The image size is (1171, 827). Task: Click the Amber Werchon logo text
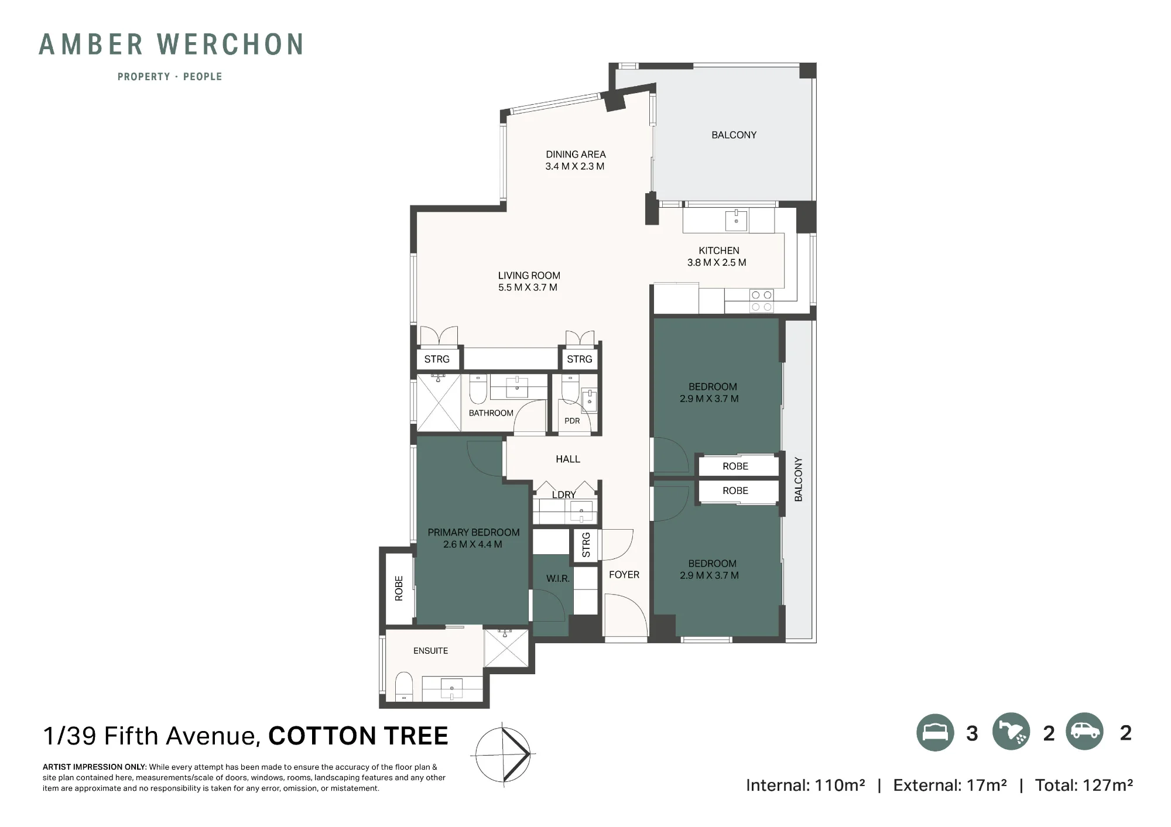coord(171,44)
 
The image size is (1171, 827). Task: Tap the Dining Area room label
coord(576,155)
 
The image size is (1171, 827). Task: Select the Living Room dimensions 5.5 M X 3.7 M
coord(528,287)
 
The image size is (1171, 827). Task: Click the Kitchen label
coord(718,250)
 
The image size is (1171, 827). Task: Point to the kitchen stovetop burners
coord(761,301)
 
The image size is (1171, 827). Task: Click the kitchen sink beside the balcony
coord(736,221)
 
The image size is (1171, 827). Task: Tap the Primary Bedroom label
coord(473,533)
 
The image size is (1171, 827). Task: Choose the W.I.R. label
coord(557,578)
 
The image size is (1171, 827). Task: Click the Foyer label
coord(624,575)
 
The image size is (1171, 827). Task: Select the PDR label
coord(572,421)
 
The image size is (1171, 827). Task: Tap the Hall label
coord(568,459)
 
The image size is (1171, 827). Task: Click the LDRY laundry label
coord(564,495)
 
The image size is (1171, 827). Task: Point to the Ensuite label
coord(430,651)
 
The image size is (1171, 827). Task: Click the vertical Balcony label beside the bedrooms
coord(799,479)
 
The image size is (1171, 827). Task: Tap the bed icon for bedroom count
coord(935,733)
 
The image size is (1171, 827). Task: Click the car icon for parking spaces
coord(1084,732)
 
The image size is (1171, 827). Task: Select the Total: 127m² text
coord(1084,785)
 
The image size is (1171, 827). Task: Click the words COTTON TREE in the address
coord(358,736)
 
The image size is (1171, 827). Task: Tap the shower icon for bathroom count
coord(1011,732)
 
